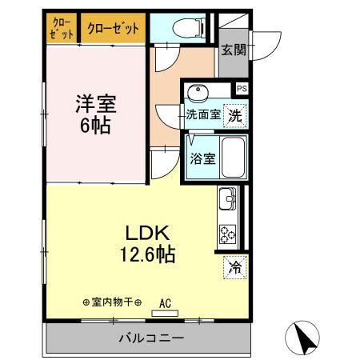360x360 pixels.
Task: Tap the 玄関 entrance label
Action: click(234, 50)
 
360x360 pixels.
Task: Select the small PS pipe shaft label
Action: click(241, 89)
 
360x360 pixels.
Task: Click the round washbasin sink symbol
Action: click(197, 91)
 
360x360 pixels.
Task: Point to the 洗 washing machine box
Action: click(234, 114)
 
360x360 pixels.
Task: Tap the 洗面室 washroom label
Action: click(202, 114)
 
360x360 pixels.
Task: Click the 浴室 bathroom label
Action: click(202, 158)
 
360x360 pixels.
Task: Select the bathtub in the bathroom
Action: click(233, 157)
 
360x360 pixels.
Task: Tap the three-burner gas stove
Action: click(227, 233)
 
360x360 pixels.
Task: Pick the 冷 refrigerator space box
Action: click(234, 266)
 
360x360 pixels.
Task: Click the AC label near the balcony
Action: click(166, 303)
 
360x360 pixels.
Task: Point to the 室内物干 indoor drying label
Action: click(111, 302)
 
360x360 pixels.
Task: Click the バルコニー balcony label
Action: click(152, 337)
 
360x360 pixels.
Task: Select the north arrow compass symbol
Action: click(305, 338)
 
